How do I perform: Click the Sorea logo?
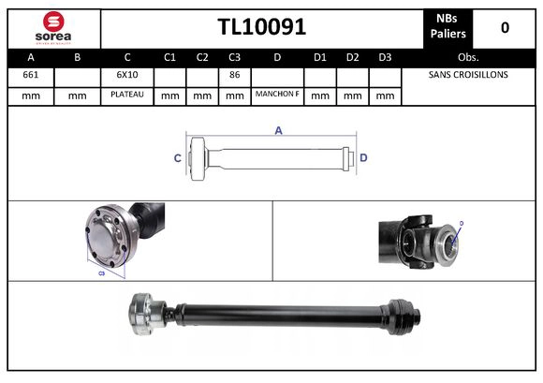(53, 28)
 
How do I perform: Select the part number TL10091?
(261, 28)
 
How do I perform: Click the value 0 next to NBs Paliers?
(505, 28)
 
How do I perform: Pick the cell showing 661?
(30, 75)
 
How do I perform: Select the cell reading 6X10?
(126, 75)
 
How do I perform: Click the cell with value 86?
(234, 75)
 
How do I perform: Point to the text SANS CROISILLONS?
(468, 75)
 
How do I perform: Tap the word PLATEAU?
(126, 95)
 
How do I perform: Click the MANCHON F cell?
(277, 95)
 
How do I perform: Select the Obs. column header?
(468, 57)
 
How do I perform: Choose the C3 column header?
(234, 57)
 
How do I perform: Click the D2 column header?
(352, 57)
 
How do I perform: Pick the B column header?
(78, 57)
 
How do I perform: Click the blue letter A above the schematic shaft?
(278, 131)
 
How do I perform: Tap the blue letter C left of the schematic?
(177, 158)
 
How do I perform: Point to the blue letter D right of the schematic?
(363, 157)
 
